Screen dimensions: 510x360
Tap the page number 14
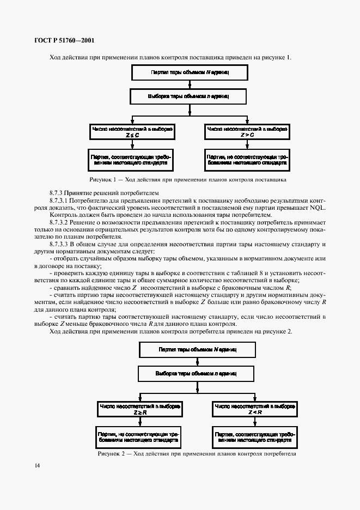pyautogui.click(x=36, y=465)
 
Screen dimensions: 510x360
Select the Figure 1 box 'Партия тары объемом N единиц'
pyautogui.click(x=189, y=72)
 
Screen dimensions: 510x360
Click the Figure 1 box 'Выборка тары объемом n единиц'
pyautogui.click(x=189, y=96)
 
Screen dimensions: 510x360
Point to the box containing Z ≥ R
pyautogui.click(x=140, y=410)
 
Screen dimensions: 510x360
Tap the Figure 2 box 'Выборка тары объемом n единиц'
pyautogui.click(x=197, y=373)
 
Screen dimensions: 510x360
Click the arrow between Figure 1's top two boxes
pyautogui.click(x=189, y=84)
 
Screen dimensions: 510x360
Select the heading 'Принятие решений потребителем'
pyautogui.click(x=111, y=193)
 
